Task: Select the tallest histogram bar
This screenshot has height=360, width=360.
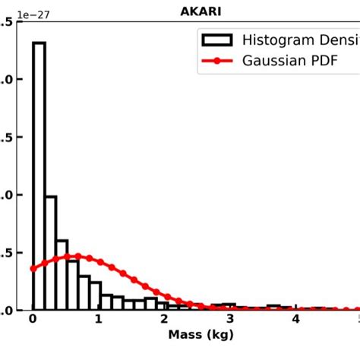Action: (x=39, y=175)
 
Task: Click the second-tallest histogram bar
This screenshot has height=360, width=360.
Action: (x=50, y=252)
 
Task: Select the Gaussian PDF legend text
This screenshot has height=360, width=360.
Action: (x=289, y=61)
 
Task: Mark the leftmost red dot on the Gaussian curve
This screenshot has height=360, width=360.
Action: (x=33, y=268)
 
